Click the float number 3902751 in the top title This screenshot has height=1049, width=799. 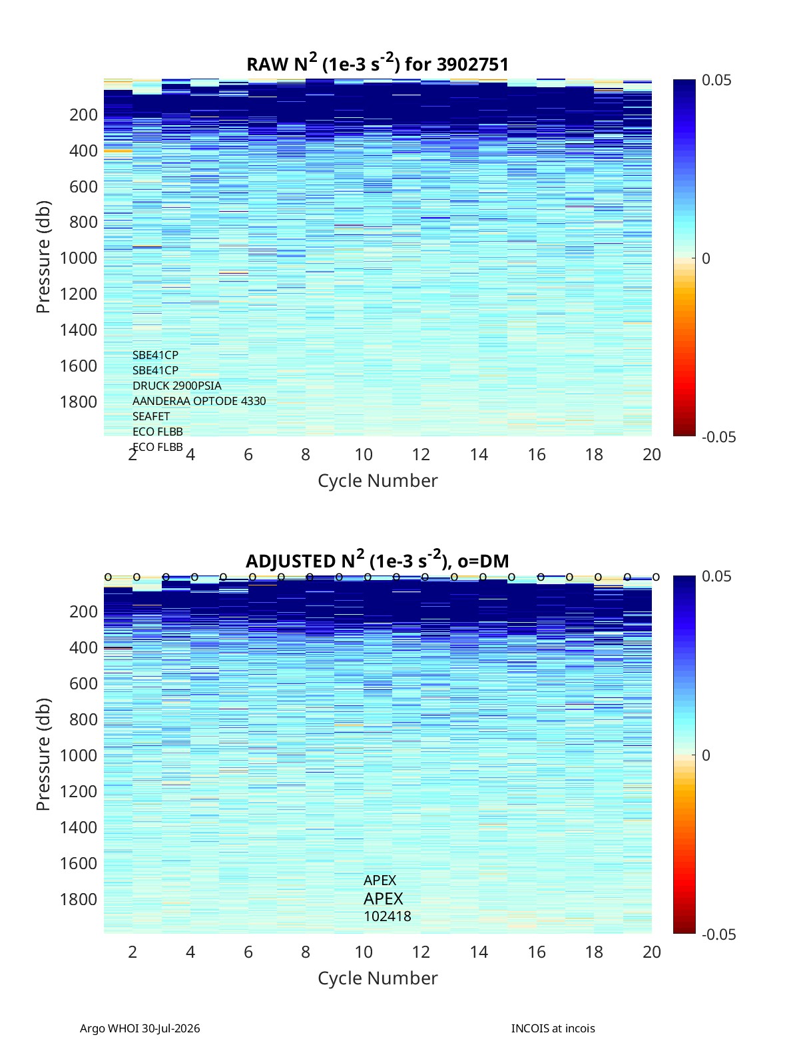point(472,64)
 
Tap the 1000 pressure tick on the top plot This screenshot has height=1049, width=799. point(79,258)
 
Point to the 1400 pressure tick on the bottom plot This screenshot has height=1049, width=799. point(79,827)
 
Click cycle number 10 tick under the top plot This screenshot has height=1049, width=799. point(364,454)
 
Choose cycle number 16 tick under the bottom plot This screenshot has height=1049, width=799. point(536,952)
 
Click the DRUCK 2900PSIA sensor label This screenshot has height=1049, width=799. point(176,386)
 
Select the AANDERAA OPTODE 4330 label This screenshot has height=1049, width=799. point(199,401)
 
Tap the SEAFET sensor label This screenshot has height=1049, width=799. point(151,416)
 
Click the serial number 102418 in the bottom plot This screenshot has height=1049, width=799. point(388,916)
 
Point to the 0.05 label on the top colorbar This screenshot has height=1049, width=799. point(716,81)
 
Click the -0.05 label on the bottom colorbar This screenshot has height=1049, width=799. point(718,934)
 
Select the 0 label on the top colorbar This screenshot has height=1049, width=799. point(706,258)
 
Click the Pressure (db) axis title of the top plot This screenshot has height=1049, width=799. point(43,257)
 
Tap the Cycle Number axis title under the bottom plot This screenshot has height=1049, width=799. point(378,978)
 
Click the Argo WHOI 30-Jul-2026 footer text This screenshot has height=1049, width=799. point(140,1028)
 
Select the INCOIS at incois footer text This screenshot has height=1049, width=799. point(553,1028)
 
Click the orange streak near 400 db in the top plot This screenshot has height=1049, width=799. point(118,151)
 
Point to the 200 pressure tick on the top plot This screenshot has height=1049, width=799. point(84,115)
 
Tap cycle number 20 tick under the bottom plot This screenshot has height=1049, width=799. point(651,952)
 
